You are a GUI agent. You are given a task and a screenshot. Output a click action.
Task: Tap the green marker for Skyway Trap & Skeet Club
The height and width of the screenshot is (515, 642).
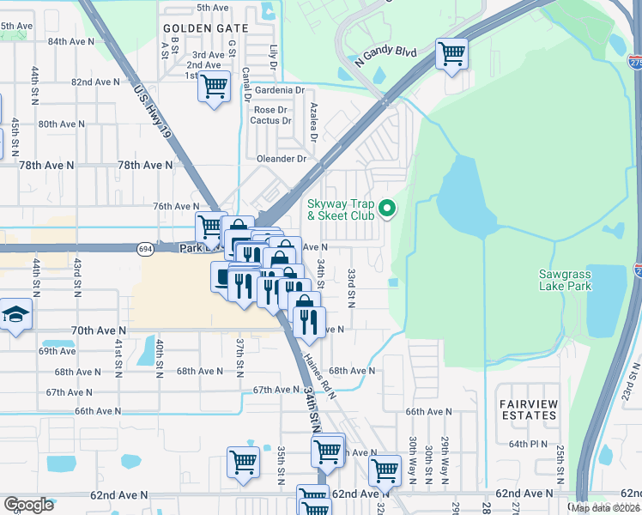[x=386, y=207]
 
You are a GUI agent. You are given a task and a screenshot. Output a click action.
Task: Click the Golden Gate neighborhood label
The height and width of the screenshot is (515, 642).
[x=206, y=28]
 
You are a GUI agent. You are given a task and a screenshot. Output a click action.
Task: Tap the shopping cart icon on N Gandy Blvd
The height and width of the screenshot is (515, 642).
[x=451, y=54]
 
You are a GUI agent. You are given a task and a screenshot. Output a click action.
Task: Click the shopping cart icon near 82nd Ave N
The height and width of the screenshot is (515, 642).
[x=214, y=86]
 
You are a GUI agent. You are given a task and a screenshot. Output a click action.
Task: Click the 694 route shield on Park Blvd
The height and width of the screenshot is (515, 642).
[x=144, y=248]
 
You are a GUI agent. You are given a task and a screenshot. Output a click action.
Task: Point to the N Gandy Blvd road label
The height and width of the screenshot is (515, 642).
[x=385, y=58]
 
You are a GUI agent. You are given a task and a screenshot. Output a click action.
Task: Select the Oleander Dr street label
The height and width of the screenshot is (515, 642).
[x=282, y=159]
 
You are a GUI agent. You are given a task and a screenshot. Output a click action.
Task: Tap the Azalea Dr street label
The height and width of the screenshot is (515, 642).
[x=314, y=120]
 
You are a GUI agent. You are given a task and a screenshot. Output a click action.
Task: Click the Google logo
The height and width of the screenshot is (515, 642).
[x=28, y=504]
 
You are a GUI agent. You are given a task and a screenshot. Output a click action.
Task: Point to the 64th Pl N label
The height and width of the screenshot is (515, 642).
[x=529, y=445]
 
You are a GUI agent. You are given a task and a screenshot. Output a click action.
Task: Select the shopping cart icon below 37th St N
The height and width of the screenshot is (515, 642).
[x=243, y=461]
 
